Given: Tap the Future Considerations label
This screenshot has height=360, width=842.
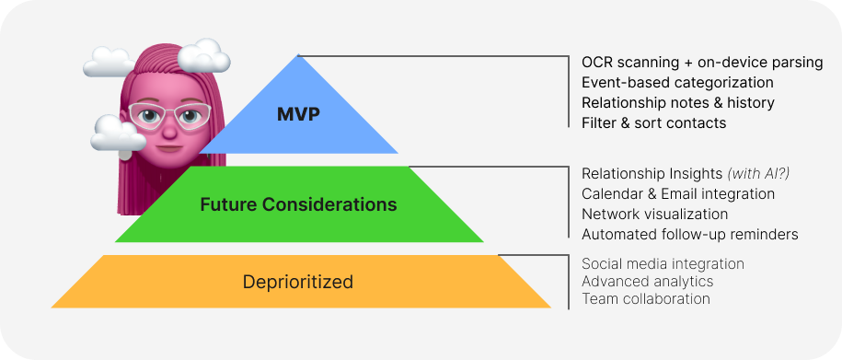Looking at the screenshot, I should (298, 203).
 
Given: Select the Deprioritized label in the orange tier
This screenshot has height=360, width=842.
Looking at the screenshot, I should (297, 282).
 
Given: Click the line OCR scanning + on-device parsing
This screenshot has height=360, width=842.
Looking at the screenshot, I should (702, 63).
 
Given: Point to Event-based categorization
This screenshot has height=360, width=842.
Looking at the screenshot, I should (677, 83).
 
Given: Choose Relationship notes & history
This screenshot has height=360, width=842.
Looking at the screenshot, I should (678, 102).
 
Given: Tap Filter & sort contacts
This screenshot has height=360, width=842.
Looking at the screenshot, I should (653, 122).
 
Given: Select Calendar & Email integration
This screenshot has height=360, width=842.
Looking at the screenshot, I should (678, 194).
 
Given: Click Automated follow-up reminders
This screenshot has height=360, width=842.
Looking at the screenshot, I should (689, 234).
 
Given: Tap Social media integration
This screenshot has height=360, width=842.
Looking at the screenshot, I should (663, 264).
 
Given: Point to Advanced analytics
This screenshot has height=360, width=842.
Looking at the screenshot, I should (647, 282).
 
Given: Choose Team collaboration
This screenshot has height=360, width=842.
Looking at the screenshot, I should (646, 299).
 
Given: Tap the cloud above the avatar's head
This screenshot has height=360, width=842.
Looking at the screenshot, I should (109, 62).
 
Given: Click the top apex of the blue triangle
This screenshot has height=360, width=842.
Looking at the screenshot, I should (297, 56).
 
